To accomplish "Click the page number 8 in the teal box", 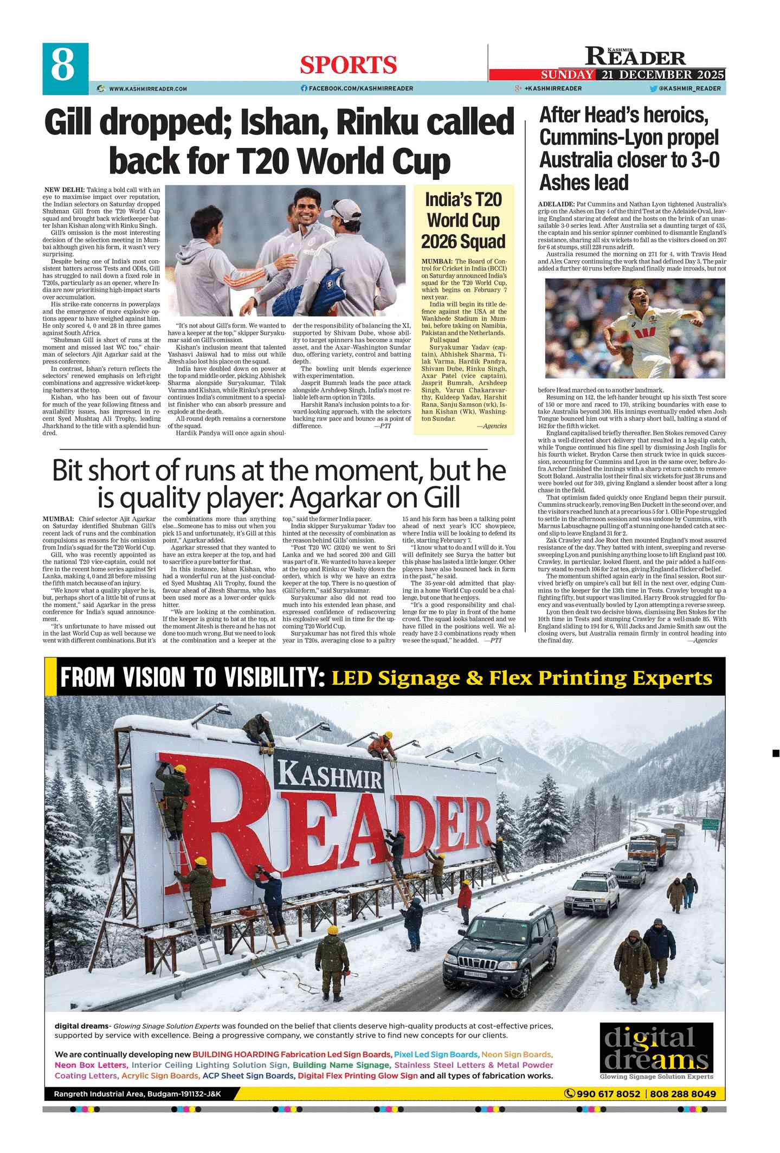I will click(64, 65).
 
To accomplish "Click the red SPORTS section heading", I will click(349, 65).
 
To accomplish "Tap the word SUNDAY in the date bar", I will click(566, 75).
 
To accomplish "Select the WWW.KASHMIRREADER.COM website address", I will click(147, 88).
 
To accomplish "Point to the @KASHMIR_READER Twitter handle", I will click(689, 88).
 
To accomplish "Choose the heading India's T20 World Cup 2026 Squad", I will click(463, 220).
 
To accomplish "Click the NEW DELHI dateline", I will click(65, 190).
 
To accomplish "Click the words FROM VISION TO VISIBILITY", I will click(192, 678).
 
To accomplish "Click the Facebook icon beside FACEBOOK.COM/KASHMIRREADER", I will click(304, 88).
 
